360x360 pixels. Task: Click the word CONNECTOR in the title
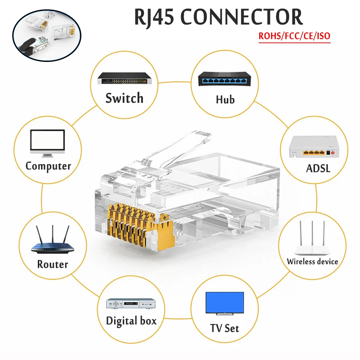pos(242,17)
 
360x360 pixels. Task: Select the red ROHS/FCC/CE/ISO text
pos(294,36)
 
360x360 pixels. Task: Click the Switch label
pos(124,98)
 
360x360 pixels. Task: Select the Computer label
pos(48,166)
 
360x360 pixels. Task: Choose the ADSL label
pos(318,168)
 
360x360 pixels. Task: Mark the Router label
pos(53,265)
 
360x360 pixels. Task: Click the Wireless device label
pos(312,262)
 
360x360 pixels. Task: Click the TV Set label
pos(225,328)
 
